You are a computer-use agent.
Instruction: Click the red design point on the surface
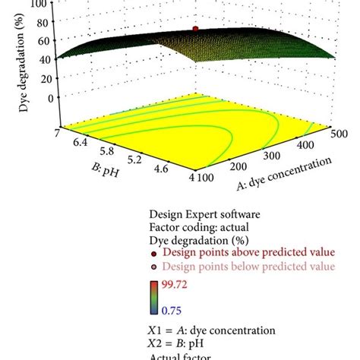pos(194,28)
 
